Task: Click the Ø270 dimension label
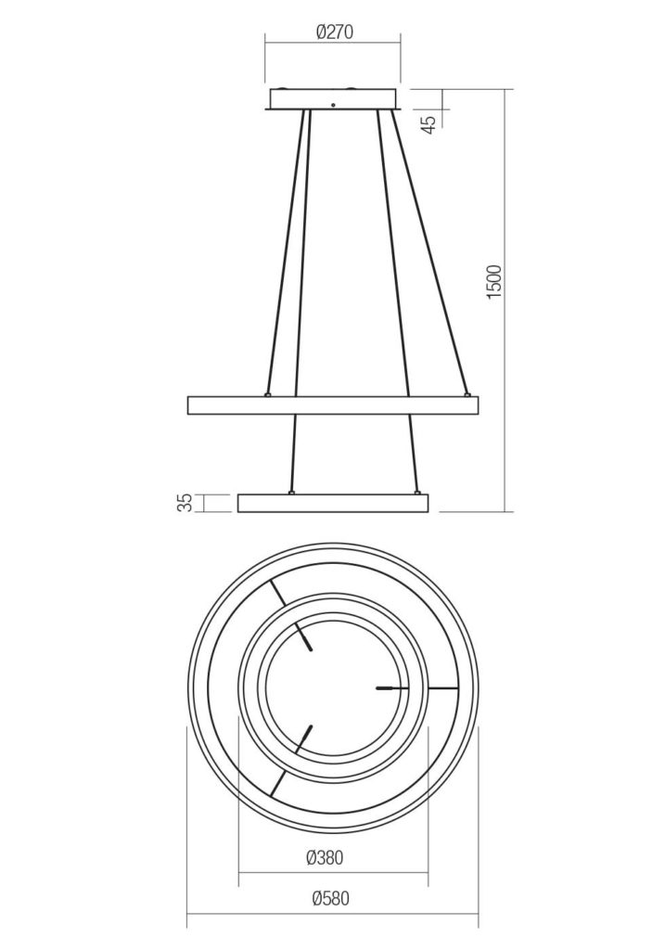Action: pyautogui.click(x=334, y=32)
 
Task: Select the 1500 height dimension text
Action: pyautogui.click(x=494, y=281)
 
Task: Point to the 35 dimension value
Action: pyautogui.click(x=185, y=503)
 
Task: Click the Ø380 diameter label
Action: pyautogui.click(x=324, y=858)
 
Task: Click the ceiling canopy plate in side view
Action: pyautogui.click(x=333, y=98)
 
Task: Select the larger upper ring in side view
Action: pyautogui.click(x=333, y=405)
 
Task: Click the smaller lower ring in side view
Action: pyautogui.click(x=333, y=503)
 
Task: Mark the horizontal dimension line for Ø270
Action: pyautogui.click(x=333, y=44)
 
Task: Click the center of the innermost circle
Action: pyautogui.click(x=333, y=687)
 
